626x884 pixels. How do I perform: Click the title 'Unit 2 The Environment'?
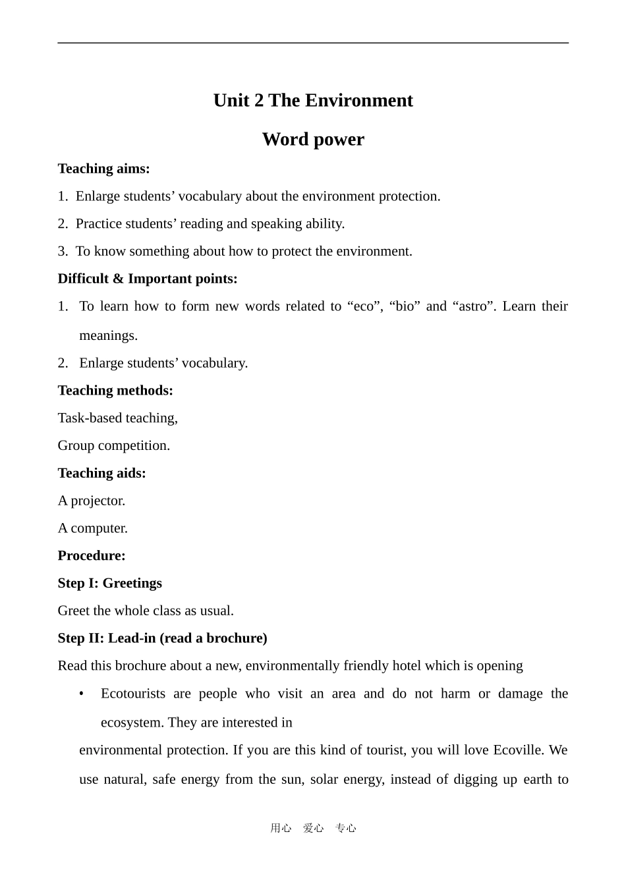pyautogui.click(x=313, y=100)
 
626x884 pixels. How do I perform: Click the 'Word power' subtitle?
pyautogui.click(x=313, y=139)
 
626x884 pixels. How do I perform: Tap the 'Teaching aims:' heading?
pyautogui.click(x=103, y=169)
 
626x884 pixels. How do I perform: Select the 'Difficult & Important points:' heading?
pyautogui.click(x=148, y=279)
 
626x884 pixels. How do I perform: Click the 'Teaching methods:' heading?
pyautogui.click(x=115, y=391)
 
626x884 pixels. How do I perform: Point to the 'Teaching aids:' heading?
pyautogui.click(x=101, y=473)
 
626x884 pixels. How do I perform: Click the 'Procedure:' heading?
pyautogui.click(x=92, y=555)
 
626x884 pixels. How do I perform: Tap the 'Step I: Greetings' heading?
pyautogui.click(x=109, y=583)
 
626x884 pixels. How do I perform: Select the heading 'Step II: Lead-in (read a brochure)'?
pyautogui.click(x=162, y=638)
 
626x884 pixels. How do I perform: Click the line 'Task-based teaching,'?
pyautogui.click(x=117, y=418)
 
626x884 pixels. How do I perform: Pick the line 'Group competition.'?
pyautogui.click(x=113, y=446)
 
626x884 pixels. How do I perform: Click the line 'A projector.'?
pyautogui.click(x=91, y=501)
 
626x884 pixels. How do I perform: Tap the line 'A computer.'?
pyautogui.click(x=92, y=528)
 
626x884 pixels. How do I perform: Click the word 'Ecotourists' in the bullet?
pyautogui.click(x=133, y=694)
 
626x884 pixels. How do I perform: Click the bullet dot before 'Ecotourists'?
pyautogui.click(x=81, y=694)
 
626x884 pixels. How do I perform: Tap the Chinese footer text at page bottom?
pyautogui.click(x=313, y=828)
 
